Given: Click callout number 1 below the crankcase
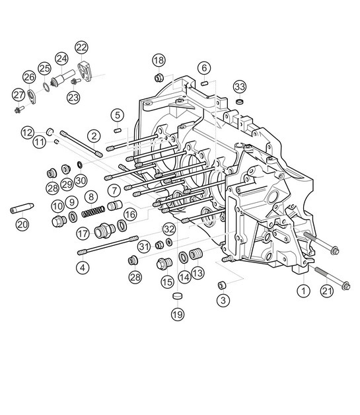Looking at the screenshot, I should (x=303, y=289).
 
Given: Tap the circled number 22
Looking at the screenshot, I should (x=81, y=47).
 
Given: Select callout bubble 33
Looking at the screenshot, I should (x=240, y=87).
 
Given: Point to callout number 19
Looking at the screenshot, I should (x=177, y=315).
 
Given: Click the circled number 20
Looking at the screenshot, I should (x=22, y=225).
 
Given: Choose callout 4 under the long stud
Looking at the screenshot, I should (x=82, y=268).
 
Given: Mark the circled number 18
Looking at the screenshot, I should (x=159, y=61).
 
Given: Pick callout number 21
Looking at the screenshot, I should (x=326, y=289).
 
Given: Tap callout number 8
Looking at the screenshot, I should (x=90, y=197).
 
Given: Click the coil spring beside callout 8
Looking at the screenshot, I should (x=93, y=212).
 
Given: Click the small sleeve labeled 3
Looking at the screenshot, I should (x=222, y=285).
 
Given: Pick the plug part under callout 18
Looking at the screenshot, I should (x=159, y=78).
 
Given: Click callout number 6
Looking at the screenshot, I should (x=204, y=68).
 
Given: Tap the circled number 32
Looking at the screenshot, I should (x=169, y=229).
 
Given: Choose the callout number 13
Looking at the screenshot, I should (x=198, y=272).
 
